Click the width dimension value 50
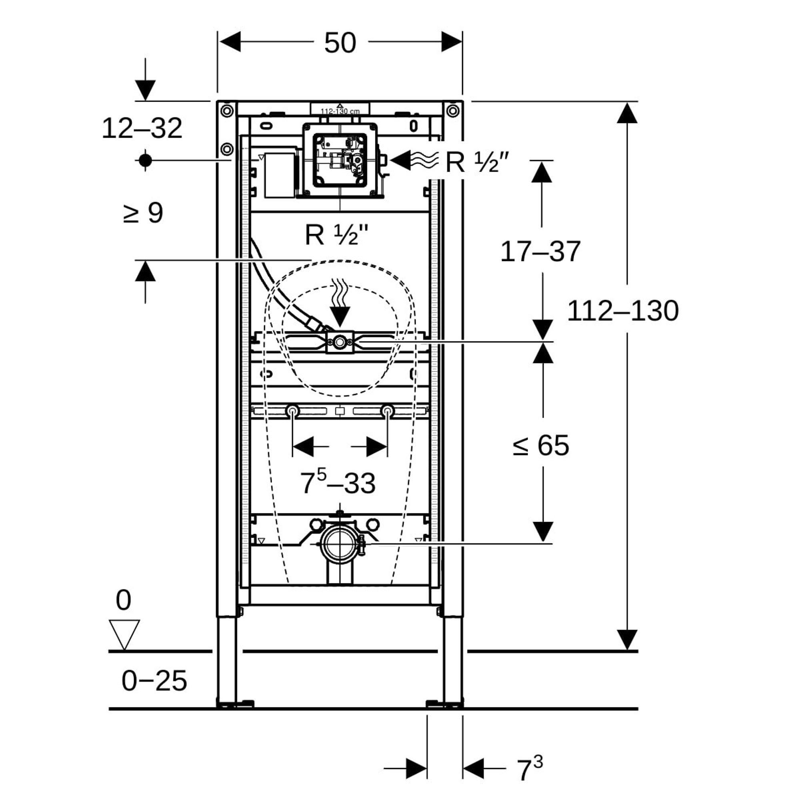340,43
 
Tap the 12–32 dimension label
142,128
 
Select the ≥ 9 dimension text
143,214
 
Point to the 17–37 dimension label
540,251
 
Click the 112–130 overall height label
623,311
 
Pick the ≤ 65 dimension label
540,446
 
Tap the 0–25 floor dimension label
154,681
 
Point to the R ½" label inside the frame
336,235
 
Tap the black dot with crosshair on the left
145,160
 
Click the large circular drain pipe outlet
340,544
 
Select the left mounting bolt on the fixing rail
293,411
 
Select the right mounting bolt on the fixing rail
388,411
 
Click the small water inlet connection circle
340,342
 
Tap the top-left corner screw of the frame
227,110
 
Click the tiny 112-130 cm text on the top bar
340,111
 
